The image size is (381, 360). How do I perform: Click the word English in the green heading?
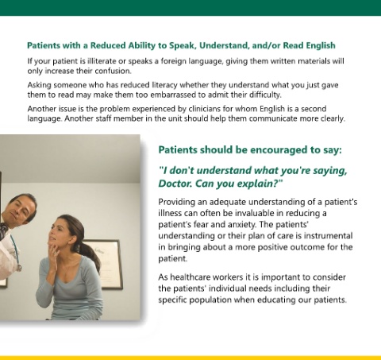321,45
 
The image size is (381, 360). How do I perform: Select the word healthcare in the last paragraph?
190,277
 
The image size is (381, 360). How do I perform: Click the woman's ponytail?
91,254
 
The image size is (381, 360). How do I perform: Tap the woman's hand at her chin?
54,253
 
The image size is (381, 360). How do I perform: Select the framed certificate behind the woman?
106,264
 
